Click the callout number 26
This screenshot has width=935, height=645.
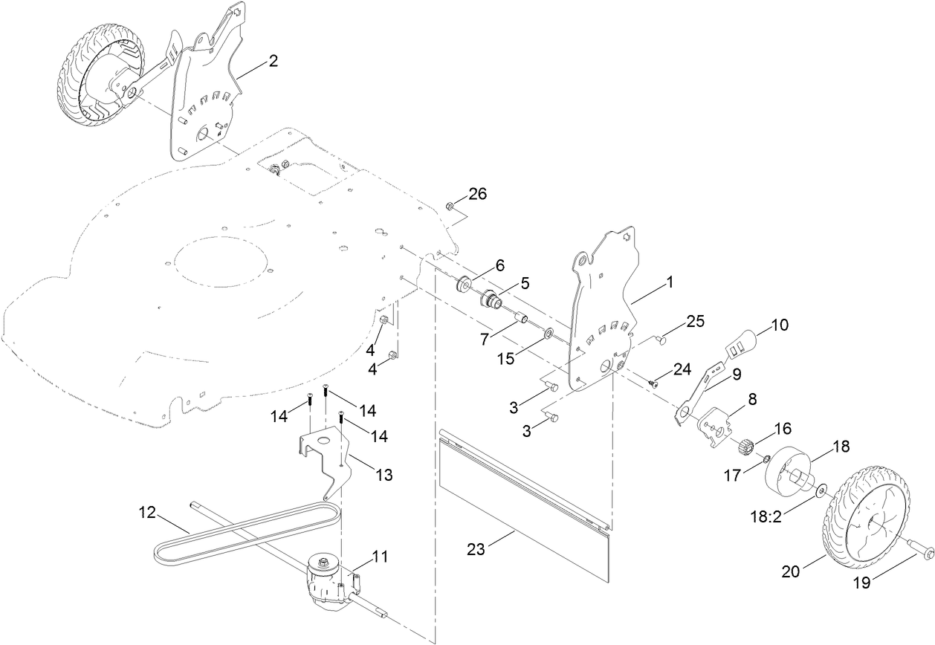click(x=477, y=195)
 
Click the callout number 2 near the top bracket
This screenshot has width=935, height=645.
click(x=273, y=62)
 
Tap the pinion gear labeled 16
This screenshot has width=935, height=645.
click(x=745, y=447)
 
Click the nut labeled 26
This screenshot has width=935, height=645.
click(x=450, y=206)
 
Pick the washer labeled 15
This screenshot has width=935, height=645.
click(x=549, y=334)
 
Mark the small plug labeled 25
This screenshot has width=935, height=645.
click(x=662, y=340)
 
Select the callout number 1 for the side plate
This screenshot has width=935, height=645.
click(x=669, y=282)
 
